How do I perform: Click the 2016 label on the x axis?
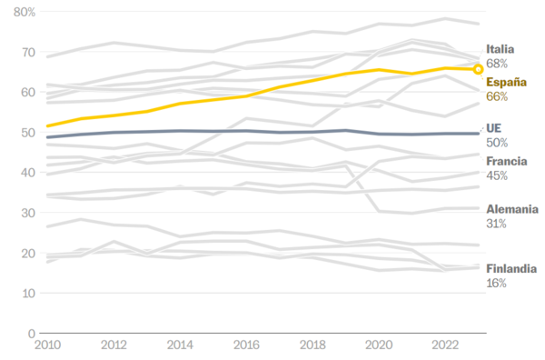click(x=247, y=346)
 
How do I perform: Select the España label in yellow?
click(x=505, y=83)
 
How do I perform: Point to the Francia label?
click(x=507, y=161)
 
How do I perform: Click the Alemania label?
click(x=512, y=209)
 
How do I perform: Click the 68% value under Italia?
click(x=497, y=64)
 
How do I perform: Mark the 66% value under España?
click(x=497, y=97)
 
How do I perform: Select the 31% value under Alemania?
click(x=496, y=224)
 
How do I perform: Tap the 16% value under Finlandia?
click(x=496, y=283)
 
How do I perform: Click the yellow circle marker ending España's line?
click(x=479, y=69)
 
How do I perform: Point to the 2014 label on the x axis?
click(x=180, y=346)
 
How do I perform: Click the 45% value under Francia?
click(x=497, y=175)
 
